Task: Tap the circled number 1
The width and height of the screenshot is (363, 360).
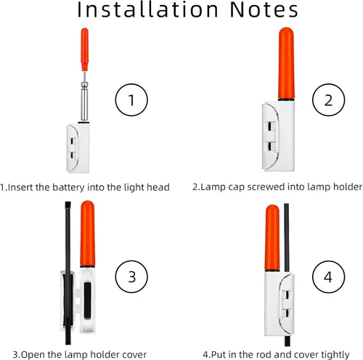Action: pyautogui.click(x=131, y=100)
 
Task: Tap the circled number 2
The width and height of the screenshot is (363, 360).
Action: pyautogui.click(x=328, y=100)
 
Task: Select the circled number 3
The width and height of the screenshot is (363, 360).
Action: pyautogui.click(x=131, y=277)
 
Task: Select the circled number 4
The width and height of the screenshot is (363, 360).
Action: pyautogui.click(x=328, y=277)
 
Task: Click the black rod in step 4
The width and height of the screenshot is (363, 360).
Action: pyautogui.click(x=288, y=240)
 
